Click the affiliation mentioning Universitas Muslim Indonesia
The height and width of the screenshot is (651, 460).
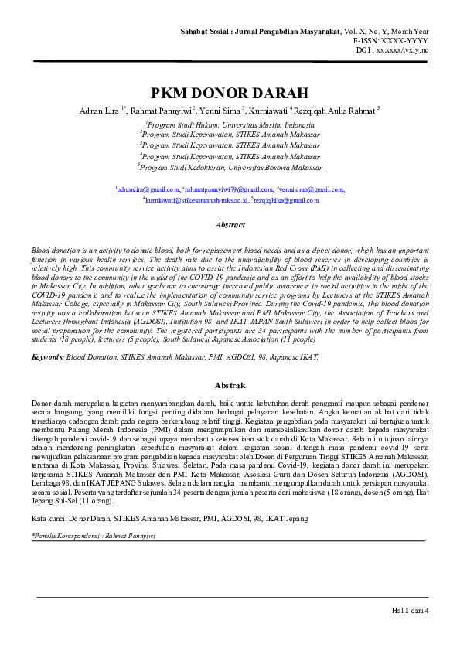230,124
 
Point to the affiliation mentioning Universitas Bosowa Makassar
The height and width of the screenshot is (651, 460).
230,166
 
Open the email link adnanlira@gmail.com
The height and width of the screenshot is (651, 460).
148,189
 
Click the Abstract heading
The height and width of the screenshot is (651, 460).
230,225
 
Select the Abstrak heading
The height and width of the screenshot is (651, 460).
230,384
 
